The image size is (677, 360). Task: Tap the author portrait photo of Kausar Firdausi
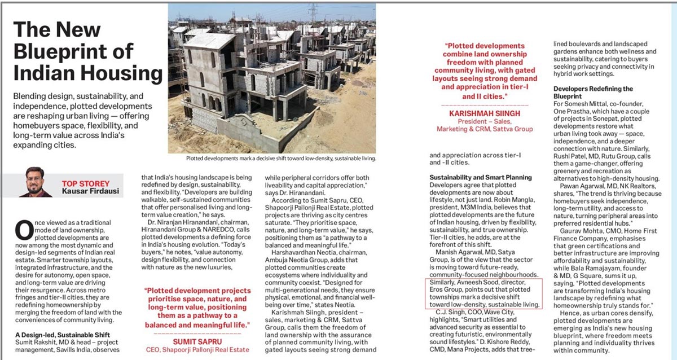[x=35, y=182]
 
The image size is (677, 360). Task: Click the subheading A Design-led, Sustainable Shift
[x=67, y=335]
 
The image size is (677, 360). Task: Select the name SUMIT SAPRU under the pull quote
[x=197, y=342]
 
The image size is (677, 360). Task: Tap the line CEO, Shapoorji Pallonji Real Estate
[x=197, y=350]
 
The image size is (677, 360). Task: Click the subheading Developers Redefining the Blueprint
[x=593, y=93]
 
